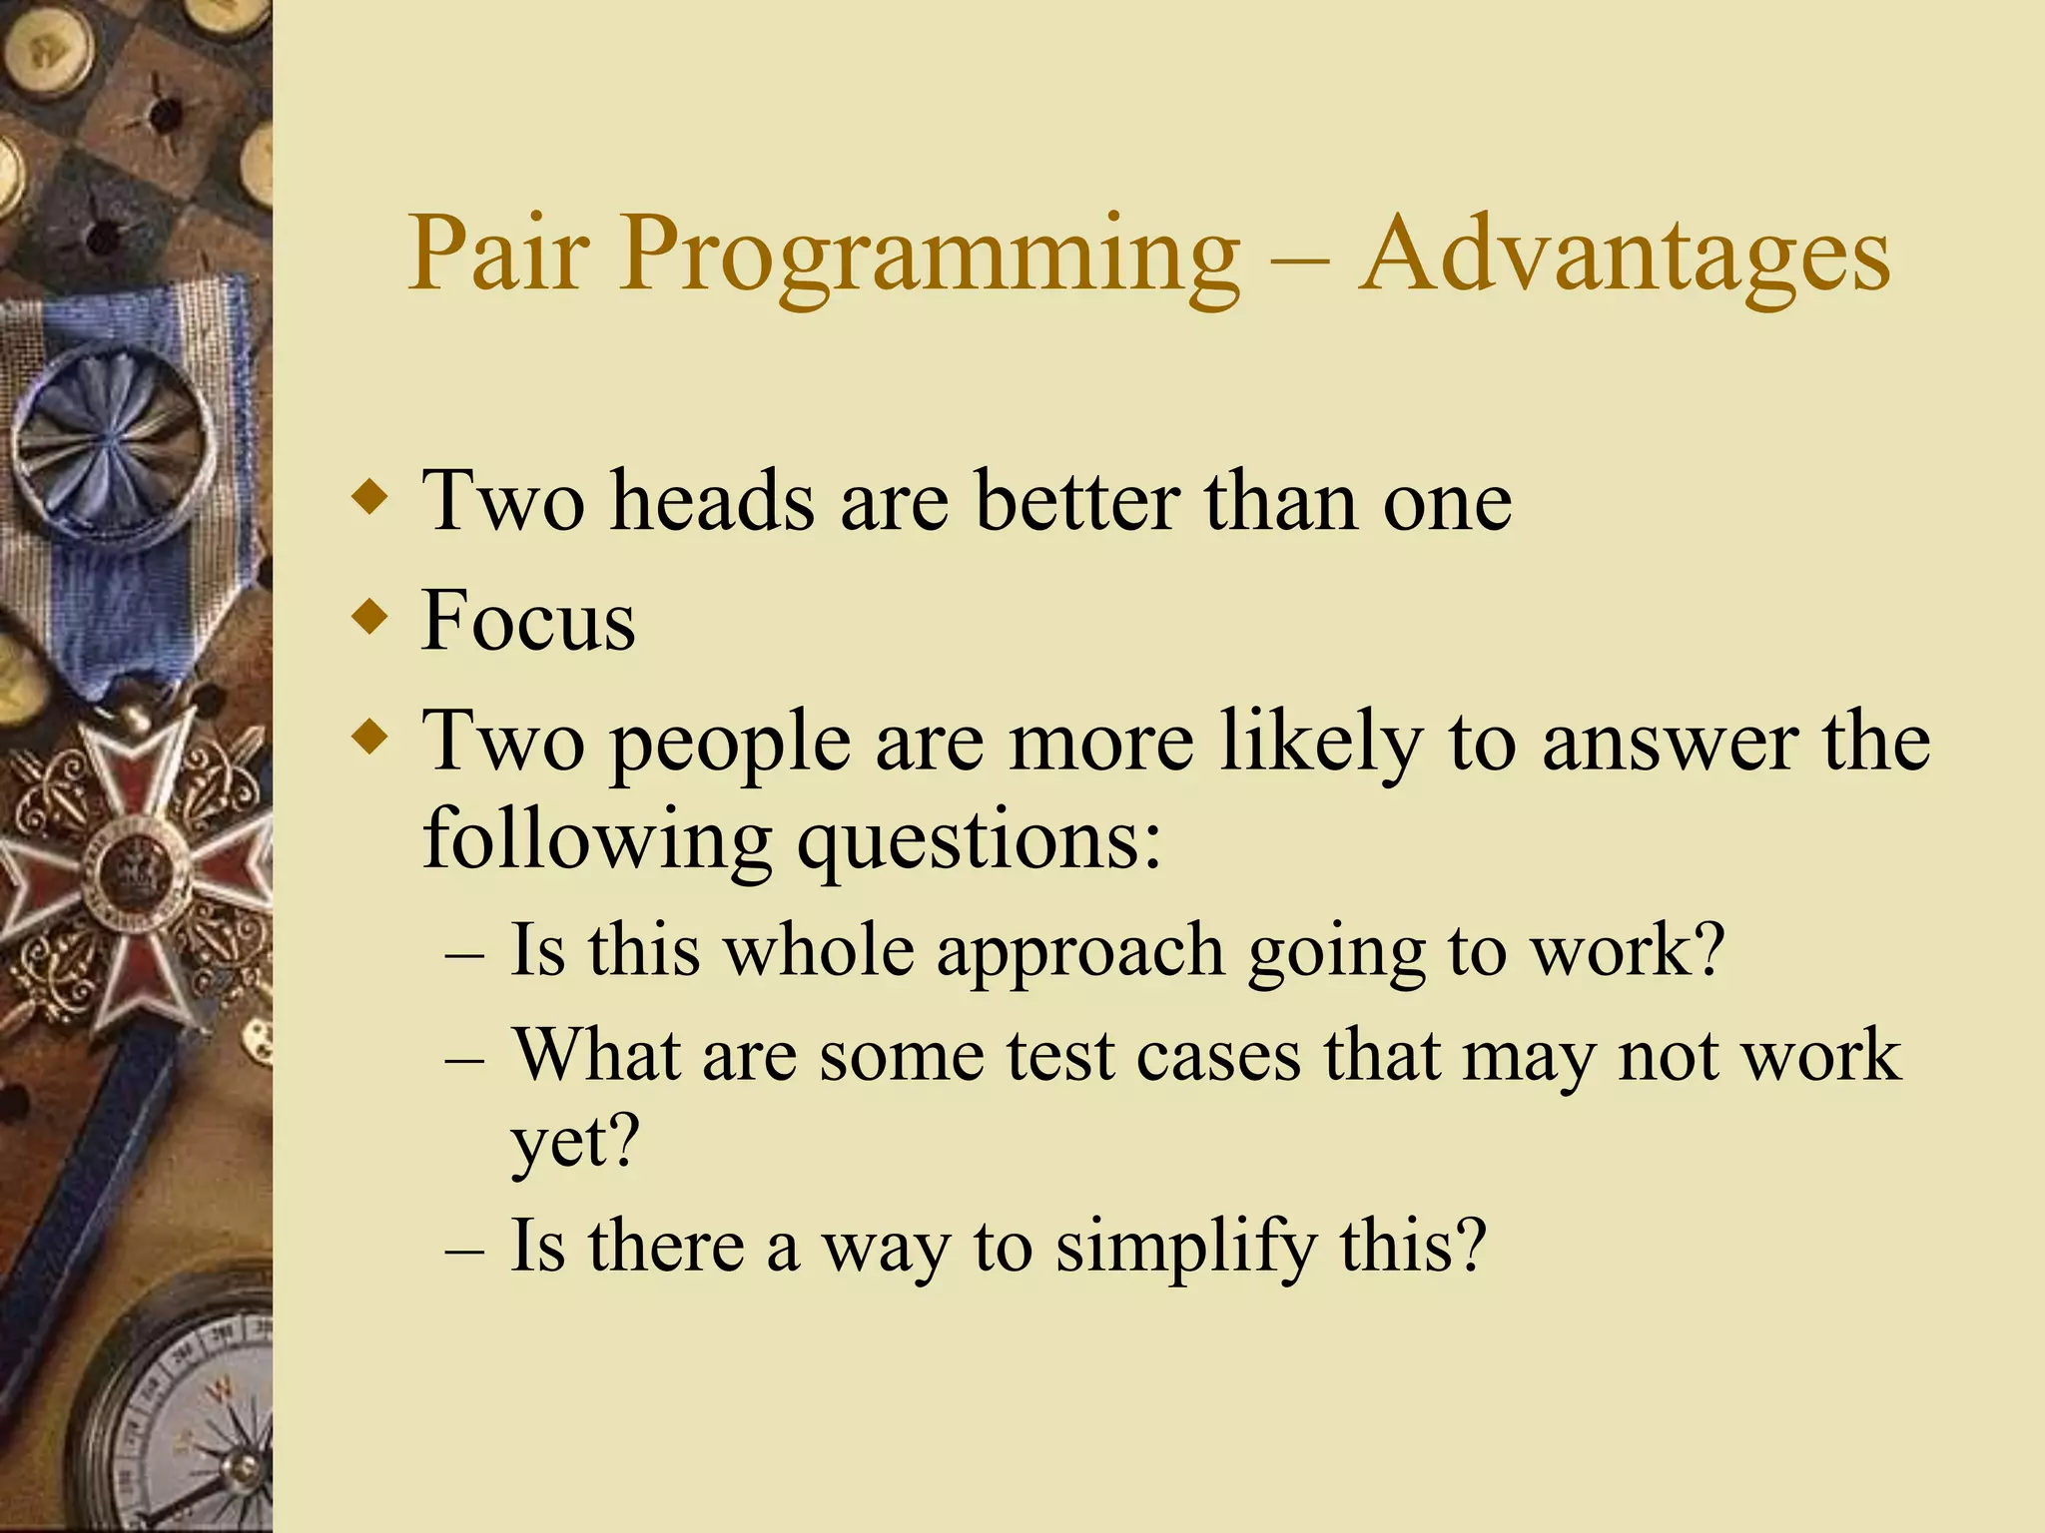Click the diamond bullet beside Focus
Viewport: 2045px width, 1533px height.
[x=370, y=617]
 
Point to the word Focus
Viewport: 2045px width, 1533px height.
[x=527, y=621]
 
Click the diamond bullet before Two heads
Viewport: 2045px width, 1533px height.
[x=370, y=496]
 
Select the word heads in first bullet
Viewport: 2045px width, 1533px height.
[x=712, y=500]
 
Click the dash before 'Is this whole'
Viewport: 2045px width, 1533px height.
[x=464, y=954]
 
